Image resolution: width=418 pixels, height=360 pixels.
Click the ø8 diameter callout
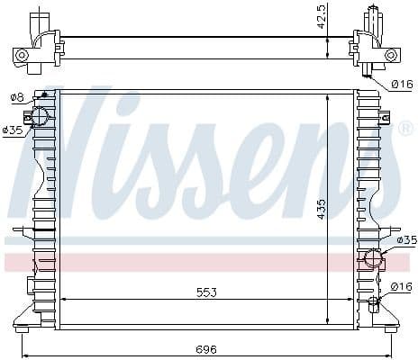tap(16, 96)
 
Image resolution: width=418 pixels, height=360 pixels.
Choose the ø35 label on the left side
tap(12, 130)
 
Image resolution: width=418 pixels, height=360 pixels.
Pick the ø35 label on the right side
tap(407, 239)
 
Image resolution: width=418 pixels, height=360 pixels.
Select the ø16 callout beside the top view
tap(403, 84)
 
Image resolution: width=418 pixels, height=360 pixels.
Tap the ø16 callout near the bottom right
tap(403, 286)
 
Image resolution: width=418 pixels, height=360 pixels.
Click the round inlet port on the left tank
tap(40, 115)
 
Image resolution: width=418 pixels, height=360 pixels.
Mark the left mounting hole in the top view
tap(23, 55)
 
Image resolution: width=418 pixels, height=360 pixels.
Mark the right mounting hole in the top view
tap(390, 55)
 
